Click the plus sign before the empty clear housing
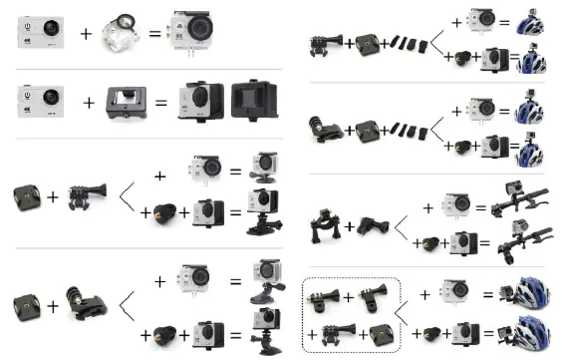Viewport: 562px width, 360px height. click(86, 35)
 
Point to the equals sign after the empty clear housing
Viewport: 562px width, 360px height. click(155, 35)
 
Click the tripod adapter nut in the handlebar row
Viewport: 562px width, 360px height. click(433, 243)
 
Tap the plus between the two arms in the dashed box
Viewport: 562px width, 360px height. click(349, 297)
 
